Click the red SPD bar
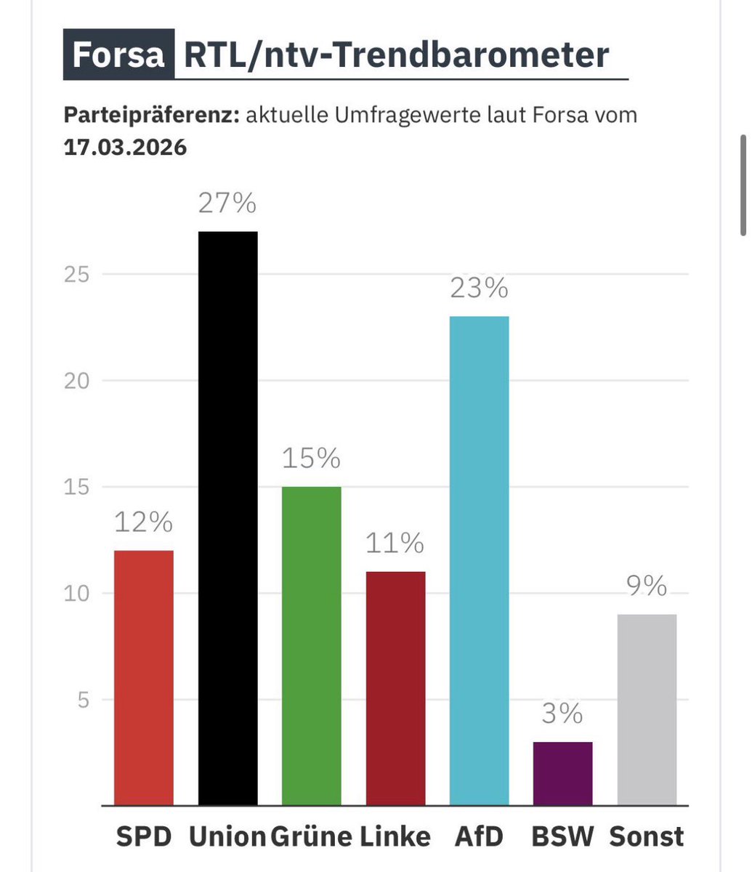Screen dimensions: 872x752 [144, 677]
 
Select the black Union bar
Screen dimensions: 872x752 [227, 518]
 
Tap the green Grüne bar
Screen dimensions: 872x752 [311, 645]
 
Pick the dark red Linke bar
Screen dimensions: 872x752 [395, 688]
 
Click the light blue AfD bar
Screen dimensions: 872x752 [479, 560]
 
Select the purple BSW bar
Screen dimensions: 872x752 [563, 773]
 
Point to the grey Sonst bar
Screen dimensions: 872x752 [647, 709]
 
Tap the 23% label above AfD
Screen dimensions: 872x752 [479, 289]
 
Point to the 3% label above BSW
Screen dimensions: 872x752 [563, 714]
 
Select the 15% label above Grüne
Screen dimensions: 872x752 [311, 459]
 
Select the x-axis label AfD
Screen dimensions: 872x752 [479, 836]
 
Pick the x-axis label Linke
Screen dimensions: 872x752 [395, 836]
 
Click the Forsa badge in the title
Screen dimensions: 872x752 [118, 54]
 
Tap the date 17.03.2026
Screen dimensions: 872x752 [125, 148]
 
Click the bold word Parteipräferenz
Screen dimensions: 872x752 [151, 115]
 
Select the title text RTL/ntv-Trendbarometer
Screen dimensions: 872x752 [396, 54]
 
